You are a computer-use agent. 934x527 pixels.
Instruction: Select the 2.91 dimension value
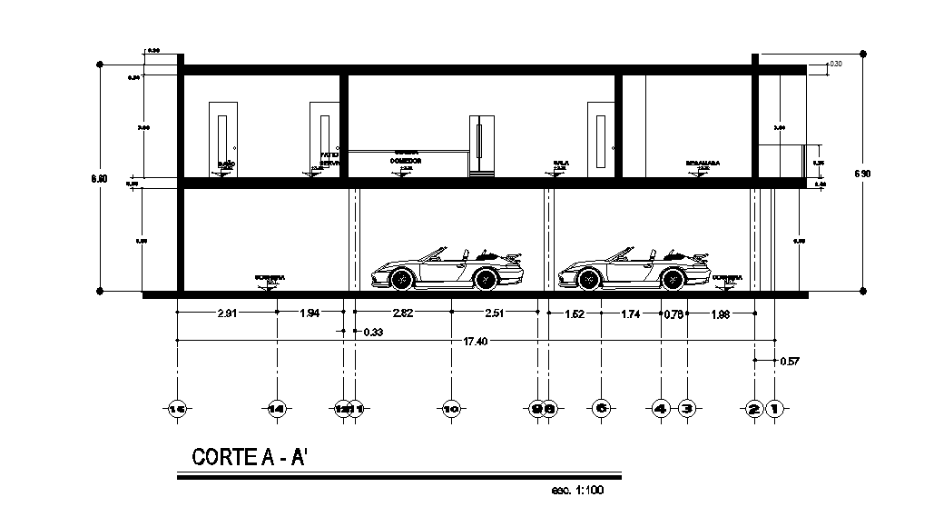[228, 314]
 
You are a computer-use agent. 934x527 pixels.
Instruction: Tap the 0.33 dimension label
[372, 333]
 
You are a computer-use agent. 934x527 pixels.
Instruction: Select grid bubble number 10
[451, 410]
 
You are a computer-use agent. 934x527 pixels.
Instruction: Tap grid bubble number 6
[601, 409]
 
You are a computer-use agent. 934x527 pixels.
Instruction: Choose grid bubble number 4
[661, 410]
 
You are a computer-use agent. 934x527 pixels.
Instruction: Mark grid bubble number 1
[775, 410]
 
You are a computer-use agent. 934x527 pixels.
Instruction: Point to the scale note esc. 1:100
[577, 492]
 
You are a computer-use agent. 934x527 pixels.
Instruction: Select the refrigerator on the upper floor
[482, 144]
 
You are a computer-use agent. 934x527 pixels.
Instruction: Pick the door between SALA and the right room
[602, 139]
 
